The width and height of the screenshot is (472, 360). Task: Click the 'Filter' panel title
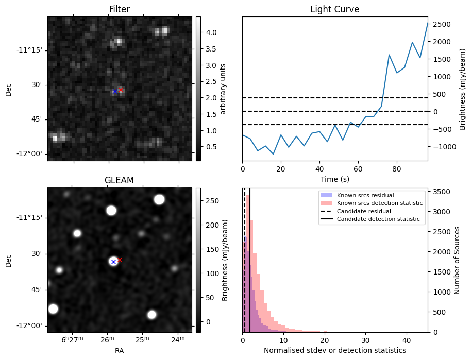coord(120,9)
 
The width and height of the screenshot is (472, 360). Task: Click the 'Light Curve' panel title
coord(334,9)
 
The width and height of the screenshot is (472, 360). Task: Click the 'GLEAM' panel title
coord(120,180)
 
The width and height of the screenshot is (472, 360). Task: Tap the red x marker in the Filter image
coord(121,90)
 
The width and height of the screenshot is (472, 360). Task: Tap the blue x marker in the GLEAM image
coord(113,262)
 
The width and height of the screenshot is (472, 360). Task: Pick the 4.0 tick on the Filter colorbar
coord(211,32)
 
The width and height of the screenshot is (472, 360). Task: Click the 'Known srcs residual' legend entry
coord(365,196)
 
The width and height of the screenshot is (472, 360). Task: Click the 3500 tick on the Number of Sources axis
coord(442,192)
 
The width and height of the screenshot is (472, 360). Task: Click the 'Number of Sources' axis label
coord(458,260)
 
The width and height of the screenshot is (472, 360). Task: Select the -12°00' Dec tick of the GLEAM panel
coord(31,326)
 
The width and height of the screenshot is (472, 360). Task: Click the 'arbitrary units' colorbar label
coord(224,89)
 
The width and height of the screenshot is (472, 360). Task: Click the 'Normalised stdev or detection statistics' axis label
coord(334,350)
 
